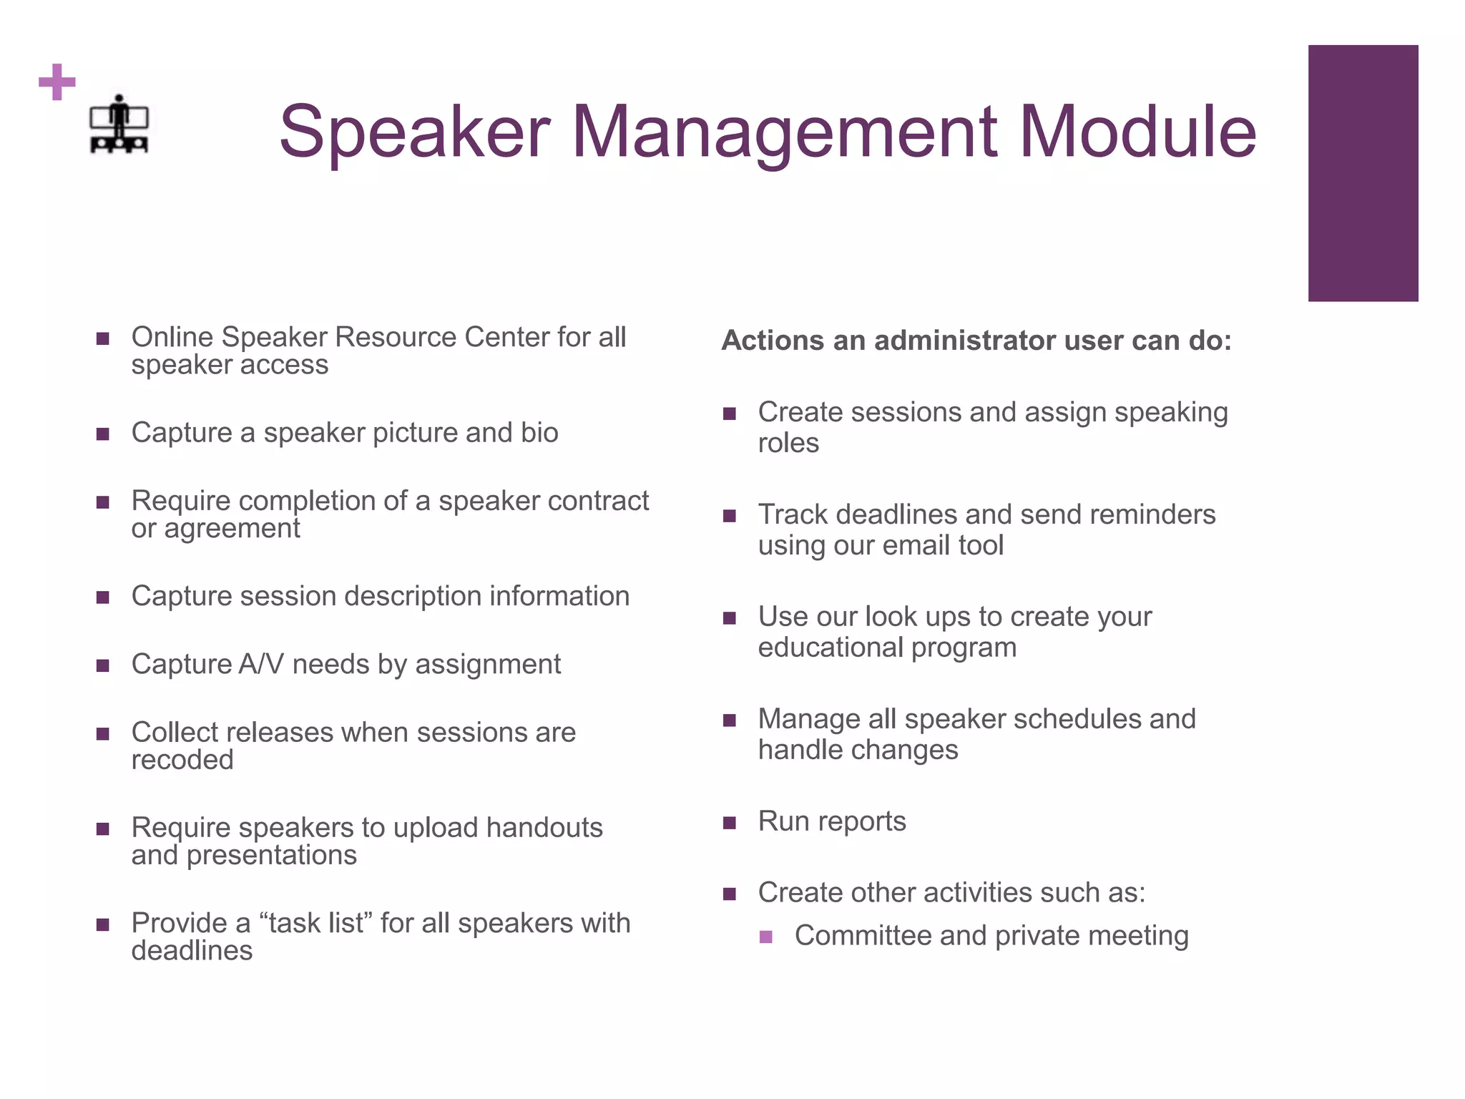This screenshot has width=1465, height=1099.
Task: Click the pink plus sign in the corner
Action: (x=57, y=82)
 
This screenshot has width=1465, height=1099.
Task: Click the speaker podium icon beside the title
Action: (x=119, y=124)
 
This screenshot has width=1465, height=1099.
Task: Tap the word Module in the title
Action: (x=1137, y=132)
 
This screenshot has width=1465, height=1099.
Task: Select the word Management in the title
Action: (x=784, y=132)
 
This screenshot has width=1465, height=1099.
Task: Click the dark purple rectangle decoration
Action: (x=1363, y=173)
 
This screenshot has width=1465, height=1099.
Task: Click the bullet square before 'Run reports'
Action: (x=730, y=823)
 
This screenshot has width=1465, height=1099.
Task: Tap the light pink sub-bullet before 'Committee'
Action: (x=766, y=937)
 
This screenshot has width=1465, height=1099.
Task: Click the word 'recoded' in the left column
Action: (x=182, y=760)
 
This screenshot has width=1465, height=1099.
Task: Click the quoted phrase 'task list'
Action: (x=315, y=923)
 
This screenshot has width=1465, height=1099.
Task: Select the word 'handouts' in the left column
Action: (x=544, y=828)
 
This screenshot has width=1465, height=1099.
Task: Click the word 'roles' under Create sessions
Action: (x=788, y=444)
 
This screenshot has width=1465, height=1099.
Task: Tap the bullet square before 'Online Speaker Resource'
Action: (x=103, y=338)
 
